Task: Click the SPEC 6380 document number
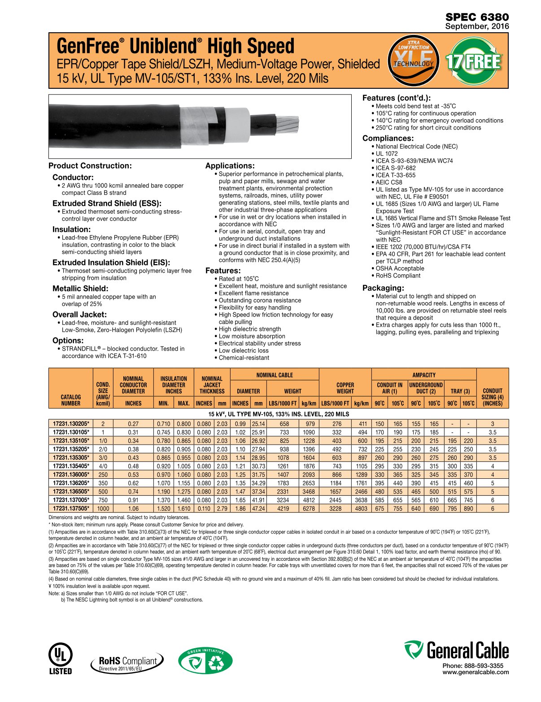coord(477,17)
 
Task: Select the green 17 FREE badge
coord(473,61)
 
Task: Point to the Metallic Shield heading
coord(80,289)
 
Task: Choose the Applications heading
coord(230,166)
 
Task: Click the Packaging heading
coord(383,288)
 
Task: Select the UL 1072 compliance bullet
coord(387,154)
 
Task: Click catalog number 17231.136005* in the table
coord(71,475)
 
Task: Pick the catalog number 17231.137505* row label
coord(71,509)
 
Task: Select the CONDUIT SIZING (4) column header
coord(493,397)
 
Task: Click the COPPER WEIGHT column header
coord(345,388)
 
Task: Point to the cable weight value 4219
coord(283,509)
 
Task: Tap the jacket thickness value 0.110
coord(204,509)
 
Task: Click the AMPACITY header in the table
coord(424,375)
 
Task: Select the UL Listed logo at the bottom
coord(60,659)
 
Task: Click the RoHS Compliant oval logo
coord(127,662)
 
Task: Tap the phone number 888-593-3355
coord(473,666)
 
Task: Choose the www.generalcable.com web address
coord(476,672)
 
